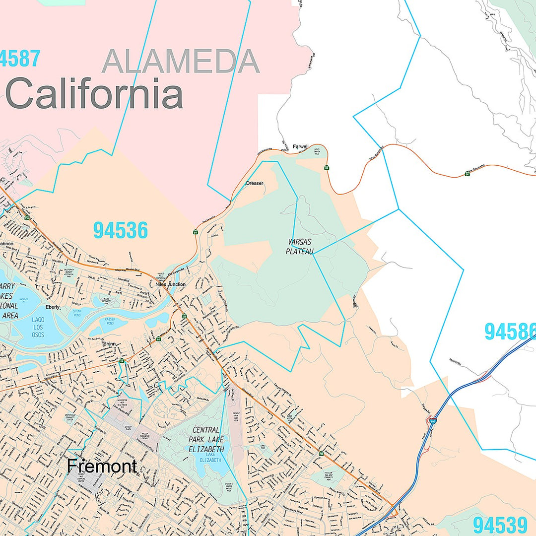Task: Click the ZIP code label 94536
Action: click(x=121, y=231)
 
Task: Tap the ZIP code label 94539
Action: click(x=500, y=525)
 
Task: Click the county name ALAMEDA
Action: click(x=181, y=62)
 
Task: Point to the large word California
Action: click(x=94, y=95)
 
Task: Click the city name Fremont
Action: click(x=102, y=466)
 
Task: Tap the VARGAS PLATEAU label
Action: click(x=300, y=247)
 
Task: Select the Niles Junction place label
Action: click(x=170, y=284)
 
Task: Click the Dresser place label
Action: click(x=255, y=183)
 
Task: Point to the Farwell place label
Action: click(x=300, y=146)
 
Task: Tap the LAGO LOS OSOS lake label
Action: click(x=38, y=328)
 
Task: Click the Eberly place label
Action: click(x=53, y=307)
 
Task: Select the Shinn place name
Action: click(x=109, y=343)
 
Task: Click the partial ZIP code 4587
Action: click(x=20, y=59)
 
